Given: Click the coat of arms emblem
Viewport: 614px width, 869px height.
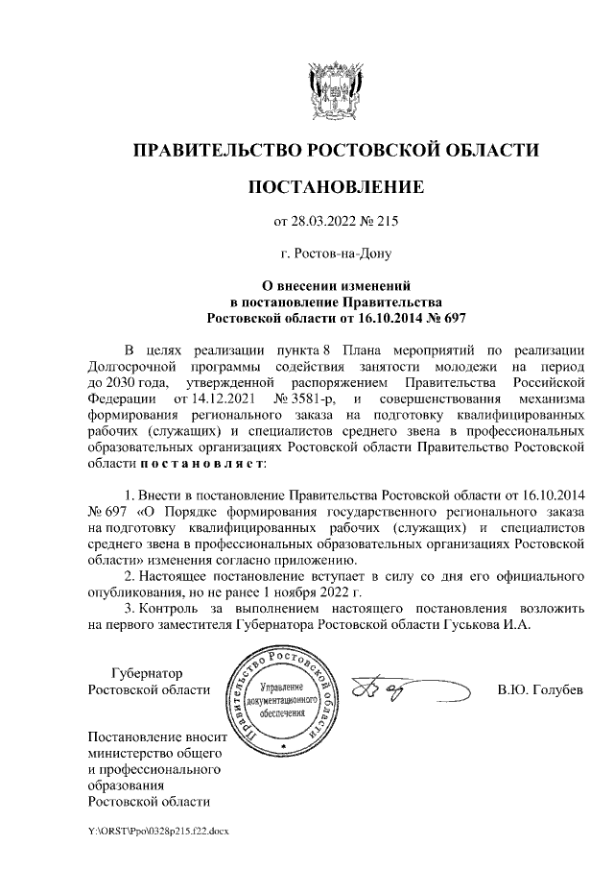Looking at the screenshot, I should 335,90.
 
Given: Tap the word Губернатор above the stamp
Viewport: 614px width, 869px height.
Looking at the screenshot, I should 147,672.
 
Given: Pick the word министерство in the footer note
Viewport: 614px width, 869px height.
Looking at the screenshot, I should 130,754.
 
